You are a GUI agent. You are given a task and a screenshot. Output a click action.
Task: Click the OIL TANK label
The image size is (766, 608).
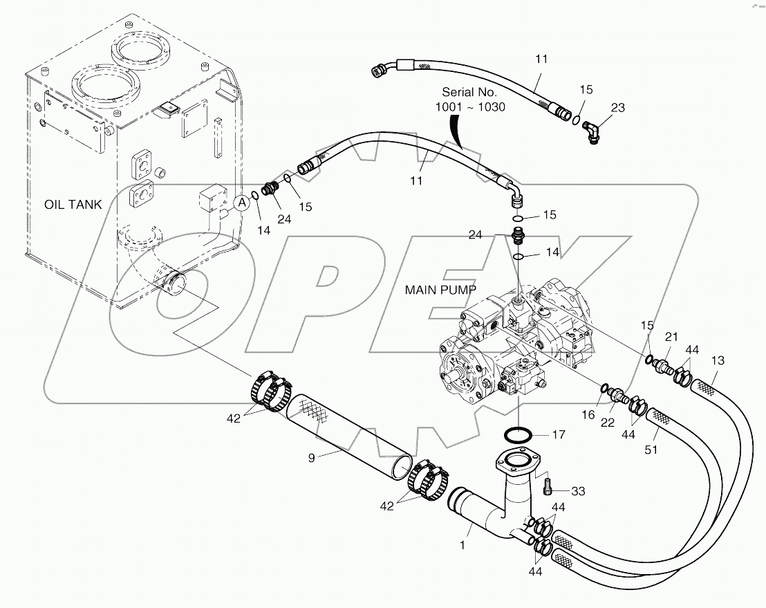coord(73,205)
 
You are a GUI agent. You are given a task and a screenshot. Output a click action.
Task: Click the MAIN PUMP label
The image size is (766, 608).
coord(440,290)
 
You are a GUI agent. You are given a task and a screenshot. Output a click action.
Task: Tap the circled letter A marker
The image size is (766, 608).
coord(241,203)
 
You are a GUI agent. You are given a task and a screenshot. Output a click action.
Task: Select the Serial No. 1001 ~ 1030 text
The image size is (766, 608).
coord(469,100)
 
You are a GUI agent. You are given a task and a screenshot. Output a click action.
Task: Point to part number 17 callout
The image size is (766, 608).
coord(558,435)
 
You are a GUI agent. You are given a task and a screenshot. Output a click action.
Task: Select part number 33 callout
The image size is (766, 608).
coord(578,490)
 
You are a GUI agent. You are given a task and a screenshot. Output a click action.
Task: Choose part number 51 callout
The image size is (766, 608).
coord(651,450)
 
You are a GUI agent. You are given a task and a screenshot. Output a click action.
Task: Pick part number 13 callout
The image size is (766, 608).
coord(718,360)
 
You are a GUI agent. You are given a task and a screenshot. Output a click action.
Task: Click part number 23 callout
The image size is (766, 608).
coord(617,107)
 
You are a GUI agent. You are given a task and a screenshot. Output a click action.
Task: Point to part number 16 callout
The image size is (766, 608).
coord(588,414)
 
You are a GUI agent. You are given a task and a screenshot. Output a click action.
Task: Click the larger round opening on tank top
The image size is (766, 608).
coord(106,86)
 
